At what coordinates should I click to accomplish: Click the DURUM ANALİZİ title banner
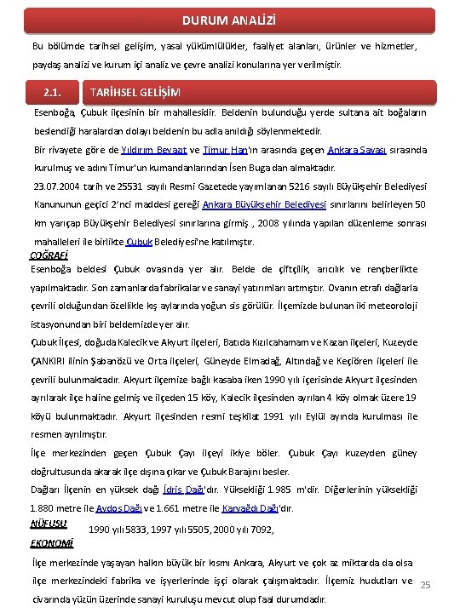click(229, 19)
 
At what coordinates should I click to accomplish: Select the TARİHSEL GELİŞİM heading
click(135, 92)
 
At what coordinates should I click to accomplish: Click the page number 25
click(427, 585)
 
